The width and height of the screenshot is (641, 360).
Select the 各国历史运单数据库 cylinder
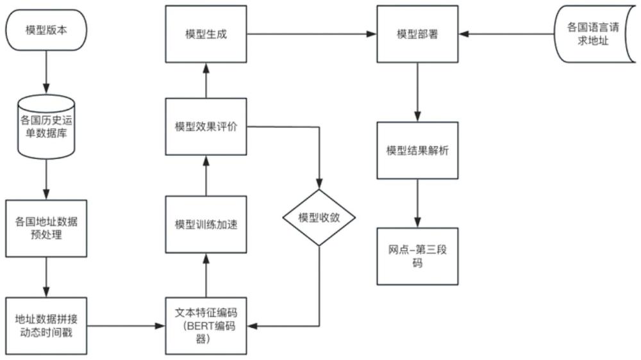(46, 127)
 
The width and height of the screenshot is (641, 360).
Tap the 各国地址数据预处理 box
(46, 228)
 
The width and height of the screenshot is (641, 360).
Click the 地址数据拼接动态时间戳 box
(46, 325)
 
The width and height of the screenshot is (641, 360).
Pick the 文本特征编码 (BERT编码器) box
(206, 325)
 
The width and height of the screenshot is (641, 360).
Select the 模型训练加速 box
(206, 225)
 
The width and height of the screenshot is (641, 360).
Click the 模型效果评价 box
(206, 127)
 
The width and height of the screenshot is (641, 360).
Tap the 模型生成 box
(206, 34)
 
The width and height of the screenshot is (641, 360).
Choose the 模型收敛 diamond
(319, 217)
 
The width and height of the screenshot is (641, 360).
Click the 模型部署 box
(417, 34)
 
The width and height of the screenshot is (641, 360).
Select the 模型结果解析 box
(417, 151)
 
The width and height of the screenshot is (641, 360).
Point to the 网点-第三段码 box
(417, 256)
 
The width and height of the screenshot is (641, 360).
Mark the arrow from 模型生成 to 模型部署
(312, 34)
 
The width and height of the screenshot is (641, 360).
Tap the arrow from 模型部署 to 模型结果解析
(417, 90)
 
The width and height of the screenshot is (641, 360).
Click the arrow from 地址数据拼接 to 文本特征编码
(125, 326)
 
